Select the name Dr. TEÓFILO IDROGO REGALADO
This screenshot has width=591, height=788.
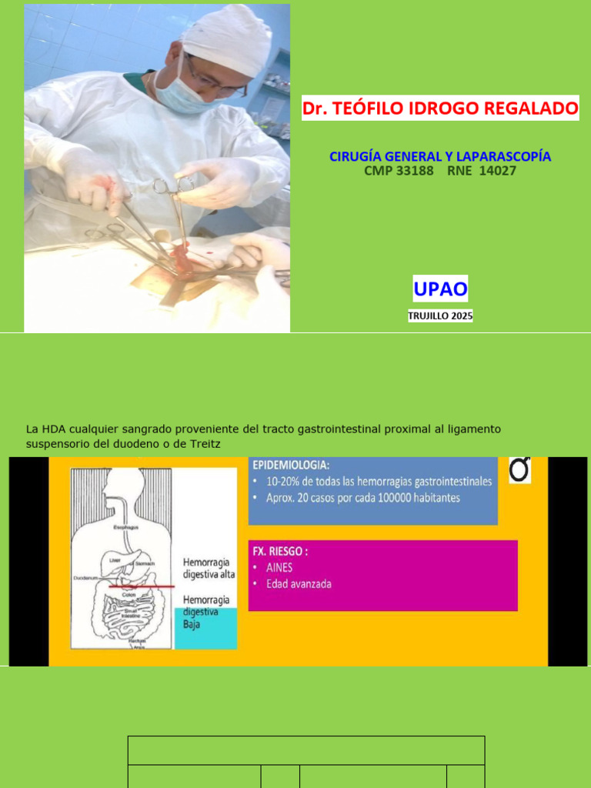point(440,109)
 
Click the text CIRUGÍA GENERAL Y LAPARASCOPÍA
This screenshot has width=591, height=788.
point(440,157)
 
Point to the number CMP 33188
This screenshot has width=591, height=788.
point(399,171)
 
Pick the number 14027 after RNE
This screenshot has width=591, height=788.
point(498,171)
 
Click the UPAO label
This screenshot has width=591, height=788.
point(440,290)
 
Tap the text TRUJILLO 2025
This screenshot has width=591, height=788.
point(440,316)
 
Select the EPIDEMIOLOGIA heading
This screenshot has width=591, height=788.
point(291,466)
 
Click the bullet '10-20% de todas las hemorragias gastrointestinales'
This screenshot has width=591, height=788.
point(377,482)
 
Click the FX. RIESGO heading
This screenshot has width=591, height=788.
point(281,551)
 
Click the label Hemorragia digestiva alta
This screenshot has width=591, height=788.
point(209,568)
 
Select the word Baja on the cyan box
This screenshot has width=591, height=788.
point(192,624)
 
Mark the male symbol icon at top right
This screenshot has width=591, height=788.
point(520,470)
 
